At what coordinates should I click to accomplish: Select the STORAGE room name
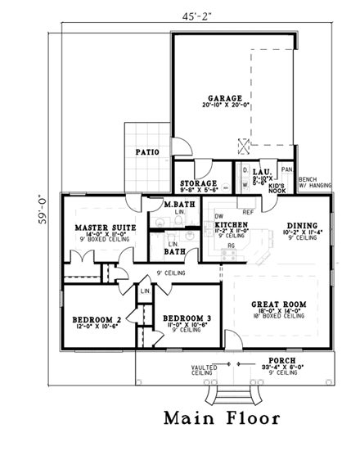pyautogui.click(x=200, y=183)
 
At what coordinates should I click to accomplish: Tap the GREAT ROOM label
pyautogui.click(x=279, y=304)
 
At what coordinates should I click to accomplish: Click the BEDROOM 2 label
pyautogui.click(x=97, y=318)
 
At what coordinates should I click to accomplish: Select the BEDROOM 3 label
pyautogui.click(x=187, y=318)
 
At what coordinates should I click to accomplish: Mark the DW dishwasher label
pyautogui.click(x=218, y=217)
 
